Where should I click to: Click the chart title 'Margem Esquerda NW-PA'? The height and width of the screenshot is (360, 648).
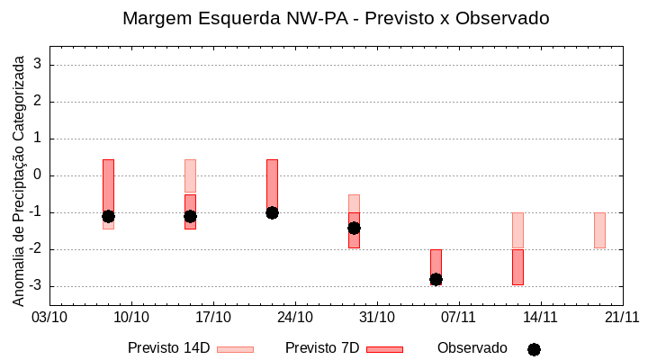pyautogui.click(x=335, y=18)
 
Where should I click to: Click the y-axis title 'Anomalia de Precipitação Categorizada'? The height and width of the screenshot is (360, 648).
pyautogui.click(x=18, y=178)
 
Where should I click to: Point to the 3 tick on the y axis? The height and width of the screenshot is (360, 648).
pyautogui.click(x=39, y=65)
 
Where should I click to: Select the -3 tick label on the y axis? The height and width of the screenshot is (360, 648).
pyautogui.click(x=36, y=286)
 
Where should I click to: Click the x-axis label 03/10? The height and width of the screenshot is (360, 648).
pyautogui.click(x=49, y=317)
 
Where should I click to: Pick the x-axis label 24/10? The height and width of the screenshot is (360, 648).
pyautogui.click(x=295, y=317)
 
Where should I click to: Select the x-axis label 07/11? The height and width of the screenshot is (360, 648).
pyautogui.click(x=458, y=317)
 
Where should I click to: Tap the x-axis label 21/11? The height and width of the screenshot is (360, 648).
pyautogui.click(x=622, y=317)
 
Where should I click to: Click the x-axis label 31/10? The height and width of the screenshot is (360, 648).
pyautogui.click(x=377, y=317)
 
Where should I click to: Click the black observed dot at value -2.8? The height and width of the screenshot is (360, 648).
pyautogui.click(x=436, y=279)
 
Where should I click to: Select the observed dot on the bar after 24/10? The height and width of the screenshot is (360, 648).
pyautogui.click(x=354, y=228)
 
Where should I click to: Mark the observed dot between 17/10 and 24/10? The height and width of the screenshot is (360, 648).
pyautogui.click(x=272, y=212)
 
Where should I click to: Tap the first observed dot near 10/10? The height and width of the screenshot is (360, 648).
pyautogui.click(x=108, y=216)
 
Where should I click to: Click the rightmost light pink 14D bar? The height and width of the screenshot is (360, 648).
pyautogui.click(x=599, y=230)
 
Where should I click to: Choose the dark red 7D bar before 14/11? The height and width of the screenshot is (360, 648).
pyautogui.click(x=517, y=267)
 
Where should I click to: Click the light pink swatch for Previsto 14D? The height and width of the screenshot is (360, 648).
pyautogui.click(x=235, y=349)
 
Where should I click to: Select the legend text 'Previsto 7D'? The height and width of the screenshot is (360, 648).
pyautogui.click(x=322, y=348)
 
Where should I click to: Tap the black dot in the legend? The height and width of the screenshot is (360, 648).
pyautogui.click(x=534, y=349)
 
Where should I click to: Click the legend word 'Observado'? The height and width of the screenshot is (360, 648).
pyautogui.click(x=472, y=348)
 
